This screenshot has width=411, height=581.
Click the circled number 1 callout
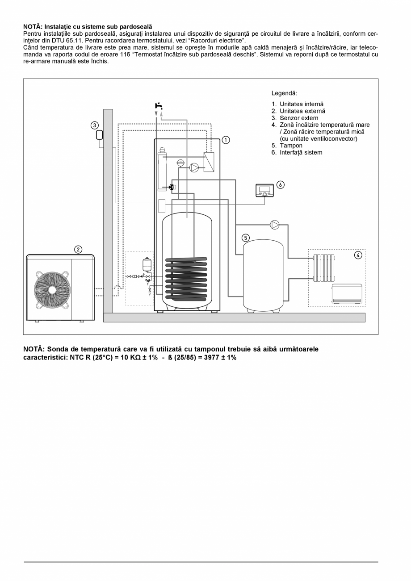pyautogui.click(x=226, y=140)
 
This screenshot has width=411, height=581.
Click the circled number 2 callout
pyautogui.click(x=78, y=249)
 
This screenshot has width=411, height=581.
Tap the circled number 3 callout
pyautogui.click(x=94, y=125)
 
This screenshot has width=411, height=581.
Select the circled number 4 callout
pyautogui.click(x=358, y=255)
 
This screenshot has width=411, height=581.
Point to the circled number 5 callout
pyautogui.click(x=246, y=238)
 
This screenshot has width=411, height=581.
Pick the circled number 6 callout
pyautogui.click(x=280, y=184)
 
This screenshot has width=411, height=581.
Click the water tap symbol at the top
pyautogui.click(x=159, y=106)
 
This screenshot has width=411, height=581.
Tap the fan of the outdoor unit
pyautogui.click(x=52, y=289)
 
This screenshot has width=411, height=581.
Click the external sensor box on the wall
pyautogui.click(x=100, y=135)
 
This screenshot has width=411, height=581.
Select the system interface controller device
pyautogui.click(x=264, y=191)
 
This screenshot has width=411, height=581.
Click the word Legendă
pyautogui.click(x=284, y=93)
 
